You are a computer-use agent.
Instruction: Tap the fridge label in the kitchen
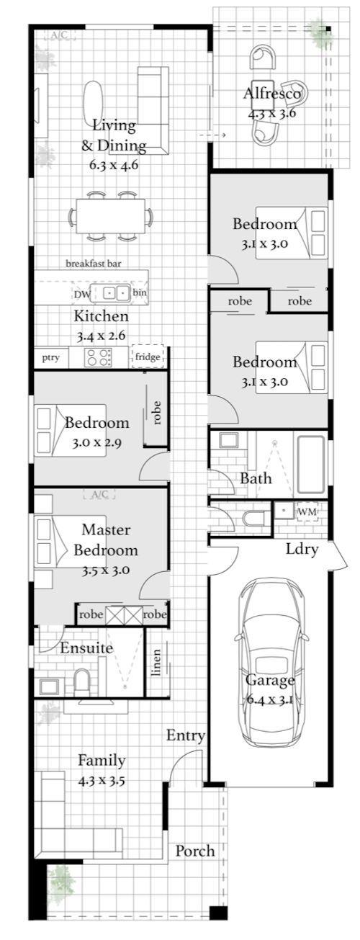[148, 357]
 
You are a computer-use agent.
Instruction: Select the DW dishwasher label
[82, 295]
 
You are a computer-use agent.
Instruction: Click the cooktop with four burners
[98, 357]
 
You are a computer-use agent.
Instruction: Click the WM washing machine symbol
[307, 511]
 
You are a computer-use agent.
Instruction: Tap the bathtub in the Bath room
[311, 465]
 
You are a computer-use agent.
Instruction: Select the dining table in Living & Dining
[111, 215]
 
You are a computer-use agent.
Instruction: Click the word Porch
[195, 851]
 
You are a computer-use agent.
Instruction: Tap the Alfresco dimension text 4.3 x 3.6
[272, 113]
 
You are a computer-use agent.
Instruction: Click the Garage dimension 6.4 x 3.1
[270, 699]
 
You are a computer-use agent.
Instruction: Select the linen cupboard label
[156, 663]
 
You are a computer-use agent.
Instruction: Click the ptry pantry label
[51, 358]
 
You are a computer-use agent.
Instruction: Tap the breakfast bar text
[94, 264]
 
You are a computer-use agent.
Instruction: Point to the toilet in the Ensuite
[82, 682]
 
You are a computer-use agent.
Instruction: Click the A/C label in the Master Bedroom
[99, 494]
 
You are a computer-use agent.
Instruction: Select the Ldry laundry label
[302, 550]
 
